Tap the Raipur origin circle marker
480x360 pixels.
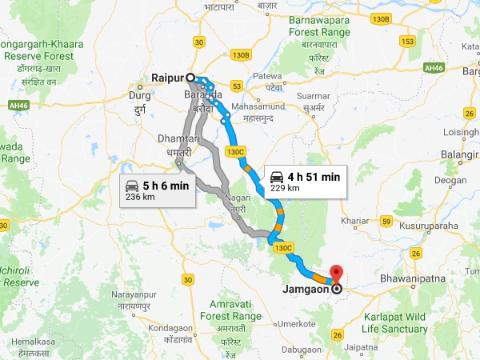(x=190, y=78)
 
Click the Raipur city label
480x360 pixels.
(x=167, y=78)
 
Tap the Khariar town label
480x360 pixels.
(x=355, y=219)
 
